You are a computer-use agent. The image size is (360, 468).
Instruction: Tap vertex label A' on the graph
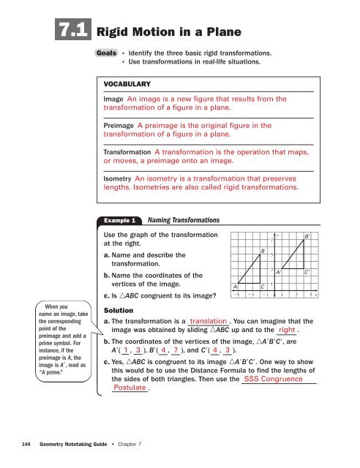coord(279,272)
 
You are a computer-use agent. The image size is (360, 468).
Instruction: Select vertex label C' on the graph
coord(309,272)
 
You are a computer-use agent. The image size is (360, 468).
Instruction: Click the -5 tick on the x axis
coord(236,295)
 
